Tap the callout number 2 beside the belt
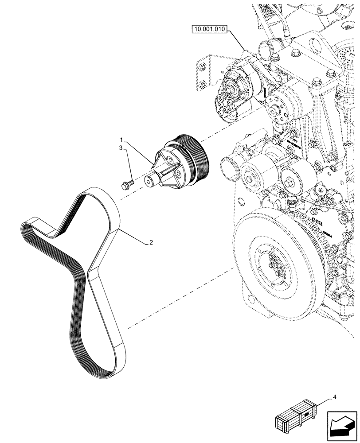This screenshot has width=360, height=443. (x=151, y=242)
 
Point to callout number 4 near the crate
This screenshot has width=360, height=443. (x=335, y=398)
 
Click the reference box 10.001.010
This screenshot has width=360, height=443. (x=209, y=30)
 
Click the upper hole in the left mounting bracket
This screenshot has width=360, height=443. (x=202, y=67)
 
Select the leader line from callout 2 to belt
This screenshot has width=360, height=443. (x=133, y=237)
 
